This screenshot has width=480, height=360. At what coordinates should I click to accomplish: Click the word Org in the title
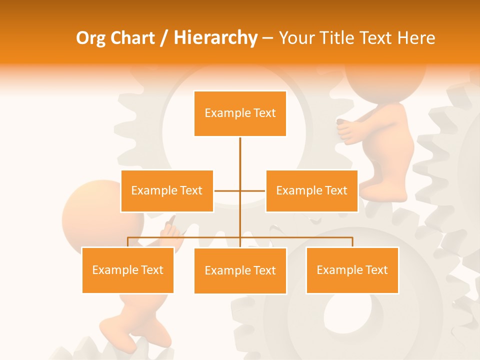(91, 38)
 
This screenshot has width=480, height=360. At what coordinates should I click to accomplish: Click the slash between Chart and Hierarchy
(163, 38)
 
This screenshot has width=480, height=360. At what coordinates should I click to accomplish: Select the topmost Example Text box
(240, 113)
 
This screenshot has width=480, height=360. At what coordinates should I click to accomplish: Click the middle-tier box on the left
(167, 191)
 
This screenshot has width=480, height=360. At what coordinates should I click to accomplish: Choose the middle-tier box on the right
(311, 191)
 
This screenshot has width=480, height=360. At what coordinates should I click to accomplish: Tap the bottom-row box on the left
(128, 270)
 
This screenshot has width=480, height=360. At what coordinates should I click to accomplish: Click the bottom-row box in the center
(240, 271)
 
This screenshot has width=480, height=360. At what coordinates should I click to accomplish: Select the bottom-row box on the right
(352, 270)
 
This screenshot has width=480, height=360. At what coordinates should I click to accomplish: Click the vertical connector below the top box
(240, 155)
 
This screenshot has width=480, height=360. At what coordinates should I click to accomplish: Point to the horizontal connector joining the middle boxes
(227, 191)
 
